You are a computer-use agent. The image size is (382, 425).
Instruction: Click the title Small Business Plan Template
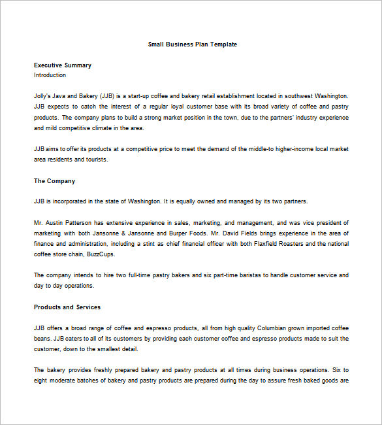[x=192, y=44]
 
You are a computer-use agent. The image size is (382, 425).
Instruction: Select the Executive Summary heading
[x=63, y=65]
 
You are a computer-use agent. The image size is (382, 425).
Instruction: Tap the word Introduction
[x=50, y=75]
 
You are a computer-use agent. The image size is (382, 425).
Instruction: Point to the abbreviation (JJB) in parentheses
[x=110, y=95]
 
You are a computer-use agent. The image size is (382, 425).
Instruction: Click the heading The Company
[x=54, y=181]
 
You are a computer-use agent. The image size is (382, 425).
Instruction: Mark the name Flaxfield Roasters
[x=254, y=244]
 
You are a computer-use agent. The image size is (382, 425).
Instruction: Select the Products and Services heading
[x=67, y=307]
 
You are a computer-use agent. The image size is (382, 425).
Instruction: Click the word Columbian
[x=264, y=328]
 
